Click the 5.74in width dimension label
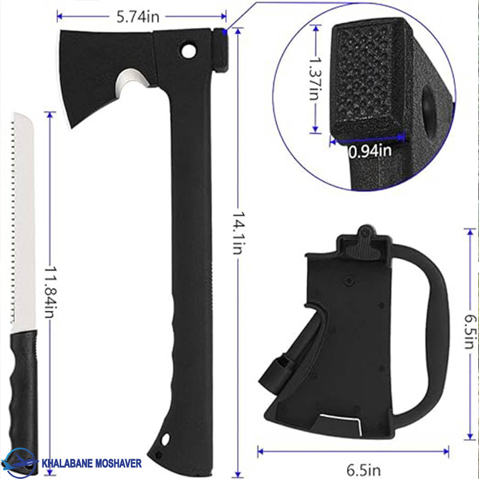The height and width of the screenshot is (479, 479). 138,17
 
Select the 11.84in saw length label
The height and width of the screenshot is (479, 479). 51,292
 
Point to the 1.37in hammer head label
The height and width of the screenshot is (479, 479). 315,78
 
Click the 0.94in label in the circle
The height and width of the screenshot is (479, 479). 370,152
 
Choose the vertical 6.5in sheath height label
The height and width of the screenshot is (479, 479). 470,332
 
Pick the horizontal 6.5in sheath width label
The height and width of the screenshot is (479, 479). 364,469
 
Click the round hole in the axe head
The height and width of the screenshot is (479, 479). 189,51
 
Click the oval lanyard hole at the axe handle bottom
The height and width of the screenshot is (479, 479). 166,440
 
